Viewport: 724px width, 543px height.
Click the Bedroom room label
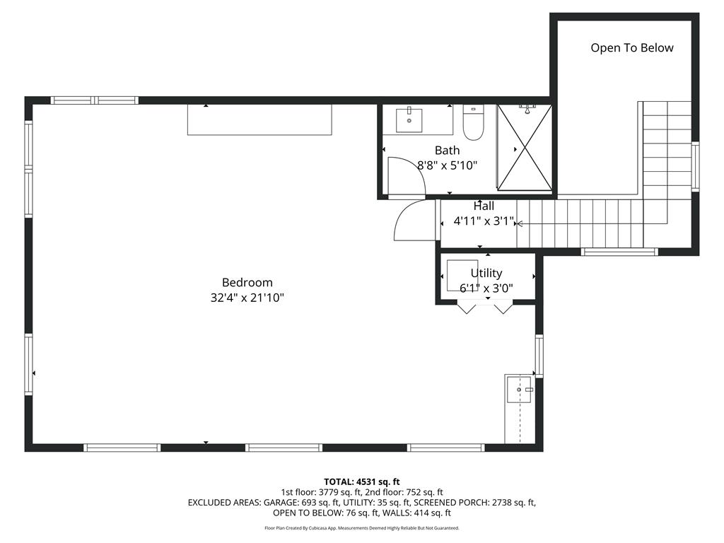coord(247,282)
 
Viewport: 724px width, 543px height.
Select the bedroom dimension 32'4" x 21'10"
coord(247,298)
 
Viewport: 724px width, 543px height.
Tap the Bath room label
coord(447,150)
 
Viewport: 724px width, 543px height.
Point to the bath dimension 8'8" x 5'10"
coord(447,165)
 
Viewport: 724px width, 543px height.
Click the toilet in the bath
coord(473,123)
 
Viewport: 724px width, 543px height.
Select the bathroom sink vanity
coord(417,119)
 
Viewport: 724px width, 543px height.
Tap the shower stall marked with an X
coord(524,147)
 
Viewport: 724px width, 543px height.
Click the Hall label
coord(484,206)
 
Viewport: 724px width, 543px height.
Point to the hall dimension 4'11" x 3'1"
coord(484,221)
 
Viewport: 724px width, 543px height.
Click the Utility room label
coord(486,273)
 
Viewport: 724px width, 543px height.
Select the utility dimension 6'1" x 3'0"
coord(486,288)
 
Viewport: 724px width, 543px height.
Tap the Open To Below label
coord(632,48)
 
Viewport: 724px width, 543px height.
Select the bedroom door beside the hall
coord(411,221)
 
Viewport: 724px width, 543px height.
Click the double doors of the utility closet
coord(484,308)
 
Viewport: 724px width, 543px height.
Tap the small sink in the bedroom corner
coord(519,390)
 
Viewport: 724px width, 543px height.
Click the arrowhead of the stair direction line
coord(520,223)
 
